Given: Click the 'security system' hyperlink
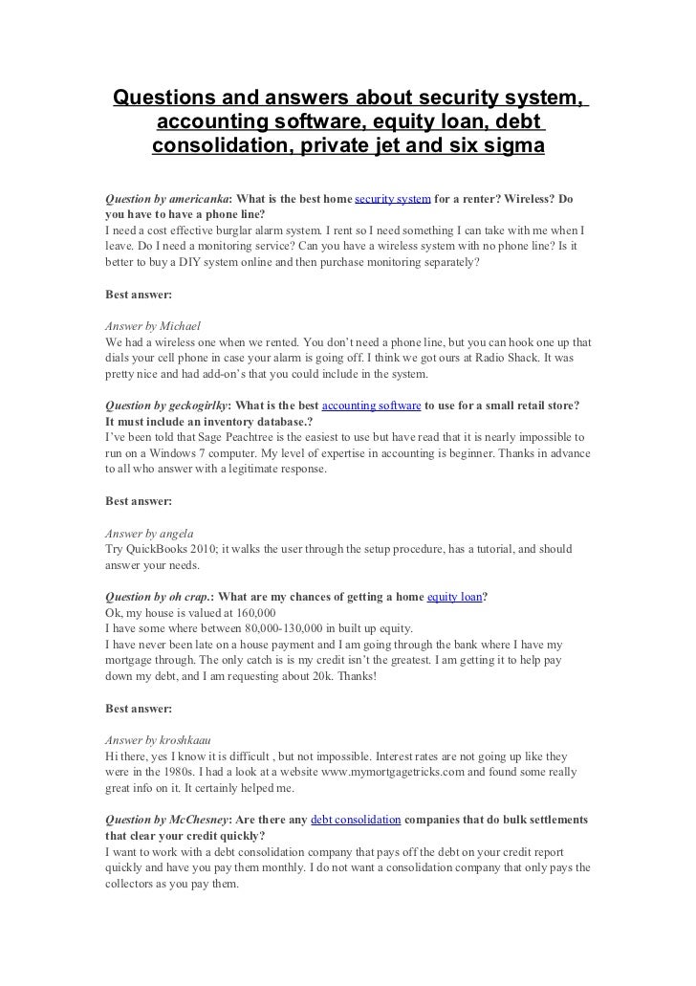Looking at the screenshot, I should (x=393, y=200).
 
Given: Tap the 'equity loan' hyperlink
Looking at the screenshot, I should (x=454, y=597).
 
